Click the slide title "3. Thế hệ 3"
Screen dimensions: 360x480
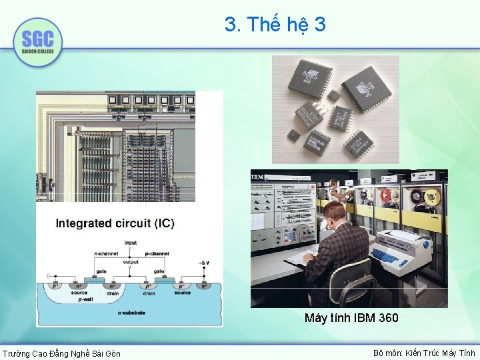click(275, 25)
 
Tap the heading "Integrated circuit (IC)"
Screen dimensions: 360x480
click(115, 223)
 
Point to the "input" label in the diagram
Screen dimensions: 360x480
click(131, 243)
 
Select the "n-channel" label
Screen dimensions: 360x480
click(107, 254)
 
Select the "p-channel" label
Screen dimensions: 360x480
click(157, 254)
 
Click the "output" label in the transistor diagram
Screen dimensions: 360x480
click(131, 261)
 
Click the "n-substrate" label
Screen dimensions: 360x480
click(129, 312)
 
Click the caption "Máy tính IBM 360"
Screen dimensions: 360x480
click(351, 318)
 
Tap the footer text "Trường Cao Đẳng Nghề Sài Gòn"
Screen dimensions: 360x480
click(61, 353)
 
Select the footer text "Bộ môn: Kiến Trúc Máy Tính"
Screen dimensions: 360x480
click(424, 353)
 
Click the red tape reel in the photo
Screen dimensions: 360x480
click(385, 196)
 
